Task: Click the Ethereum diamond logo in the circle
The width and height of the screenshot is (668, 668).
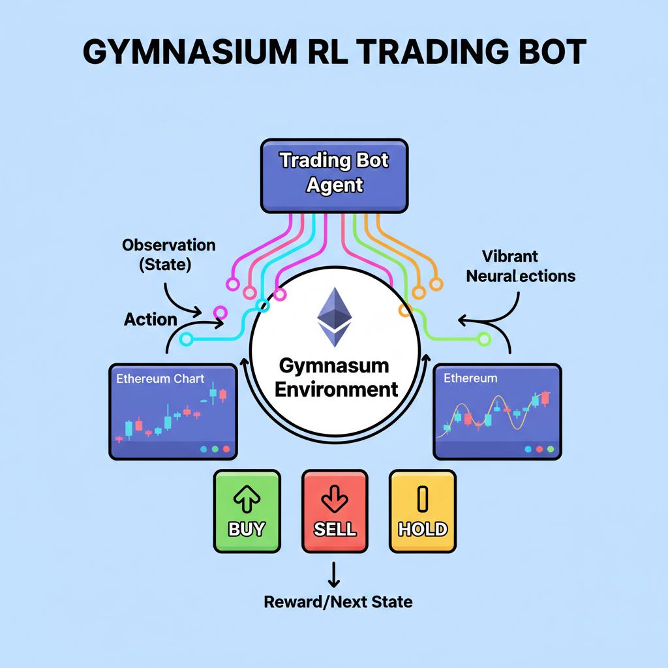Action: click(x=334, y=317)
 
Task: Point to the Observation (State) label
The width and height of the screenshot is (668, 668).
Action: click(x=168, y=255)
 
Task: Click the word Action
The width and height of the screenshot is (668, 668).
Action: click(x=151, y=320)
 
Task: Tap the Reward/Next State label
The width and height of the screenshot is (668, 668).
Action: click(x=338, y=601)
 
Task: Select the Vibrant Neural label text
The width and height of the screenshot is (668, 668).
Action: click(x=521, y=266)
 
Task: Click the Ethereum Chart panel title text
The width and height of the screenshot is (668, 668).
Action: click(x=160, y=378)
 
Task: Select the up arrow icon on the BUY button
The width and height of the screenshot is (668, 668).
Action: click(x=247, y=500)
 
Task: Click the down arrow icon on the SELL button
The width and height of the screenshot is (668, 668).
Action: click(x=335, y=500)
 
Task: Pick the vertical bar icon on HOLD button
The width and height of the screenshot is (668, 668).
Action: click(x=422, y=499)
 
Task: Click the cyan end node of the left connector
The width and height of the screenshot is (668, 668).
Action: click(x=187, y=339)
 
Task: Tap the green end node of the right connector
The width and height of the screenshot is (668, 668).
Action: click(x=483, y=339)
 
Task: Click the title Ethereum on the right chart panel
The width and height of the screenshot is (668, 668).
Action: click(x=470, y=378)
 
